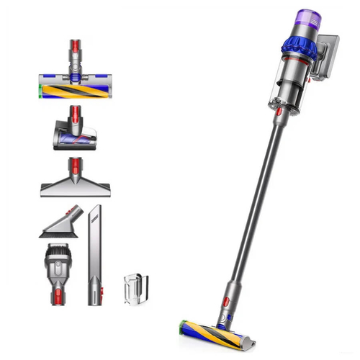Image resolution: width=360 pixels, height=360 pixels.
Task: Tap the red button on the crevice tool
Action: click(x=94, y=292)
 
